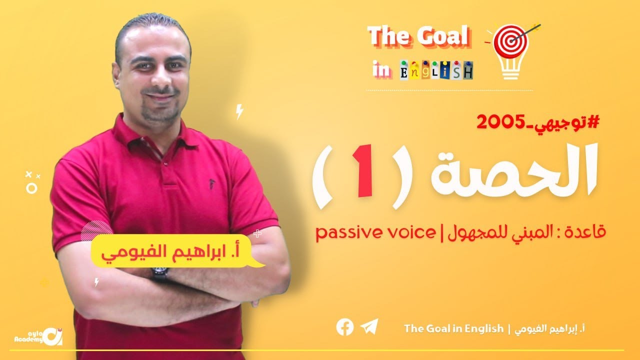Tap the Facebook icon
coord(345,327)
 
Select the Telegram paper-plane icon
coord(369,327)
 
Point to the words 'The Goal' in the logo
coord(418,36)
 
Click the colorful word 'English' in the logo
coord(436,70)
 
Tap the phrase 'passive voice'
coord(375,232)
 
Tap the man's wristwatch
coord(159,273)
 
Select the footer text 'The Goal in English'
coord(453,328)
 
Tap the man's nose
coord(153,79)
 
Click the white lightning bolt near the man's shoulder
coord(239,111)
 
